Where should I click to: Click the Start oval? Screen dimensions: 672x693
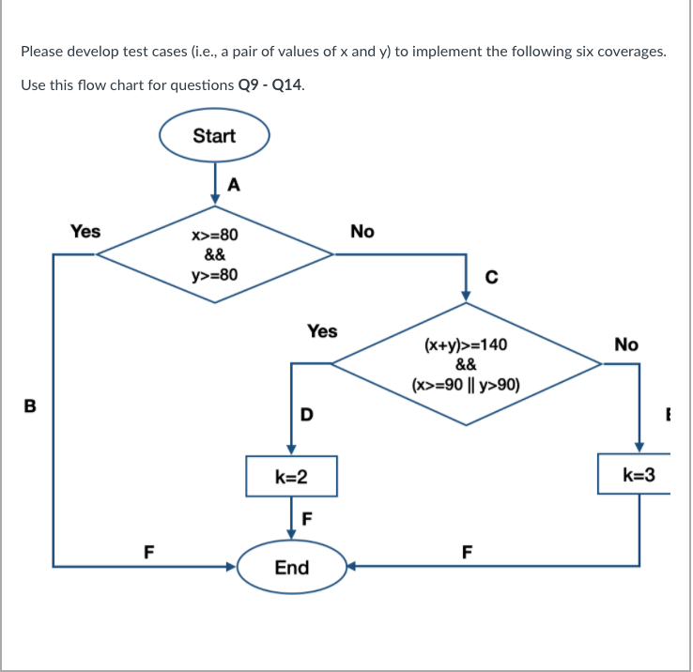(x=214, y=136)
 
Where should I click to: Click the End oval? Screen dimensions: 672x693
(x=291, y=567)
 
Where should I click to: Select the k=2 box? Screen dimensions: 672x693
(x=291, y=477)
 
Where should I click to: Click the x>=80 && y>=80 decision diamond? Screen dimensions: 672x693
(x=215, y=253)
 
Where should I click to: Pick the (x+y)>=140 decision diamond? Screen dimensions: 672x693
(x=466, y=365)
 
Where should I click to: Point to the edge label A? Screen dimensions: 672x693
(x=234, y=185)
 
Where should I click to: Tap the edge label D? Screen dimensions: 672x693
(x=305, y=414)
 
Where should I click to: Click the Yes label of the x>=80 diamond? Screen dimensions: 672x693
(x=85, y=230)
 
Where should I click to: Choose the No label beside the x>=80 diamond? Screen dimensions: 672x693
(x=362, y=231)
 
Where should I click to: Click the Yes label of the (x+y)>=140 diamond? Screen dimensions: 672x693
(x=322, y=330)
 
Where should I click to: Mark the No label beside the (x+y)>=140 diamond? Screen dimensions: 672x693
(x=626, y=344)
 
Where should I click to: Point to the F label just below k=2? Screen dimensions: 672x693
(x=305, y=516)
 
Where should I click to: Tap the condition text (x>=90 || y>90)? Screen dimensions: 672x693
(x=466, y=385)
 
